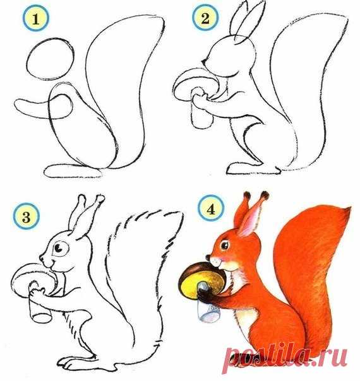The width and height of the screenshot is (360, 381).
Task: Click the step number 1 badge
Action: (x=36, y=18)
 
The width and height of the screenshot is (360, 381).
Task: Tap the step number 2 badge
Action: (x=205, y=18)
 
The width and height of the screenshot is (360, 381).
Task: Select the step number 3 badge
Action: (x=27, y=216)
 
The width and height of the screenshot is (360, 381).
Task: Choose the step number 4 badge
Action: (x=211, y=208)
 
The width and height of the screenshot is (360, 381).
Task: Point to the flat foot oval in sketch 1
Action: (x=73, y=171)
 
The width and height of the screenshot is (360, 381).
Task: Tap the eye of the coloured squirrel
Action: (x=224, y=245)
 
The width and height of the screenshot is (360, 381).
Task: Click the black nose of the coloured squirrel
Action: (x=208, y=257)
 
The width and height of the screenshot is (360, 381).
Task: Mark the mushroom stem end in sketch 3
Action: (x=42, y=318)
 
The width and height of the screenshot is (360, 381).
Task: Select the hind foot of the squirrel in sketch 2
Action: (x=253, y=168)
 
